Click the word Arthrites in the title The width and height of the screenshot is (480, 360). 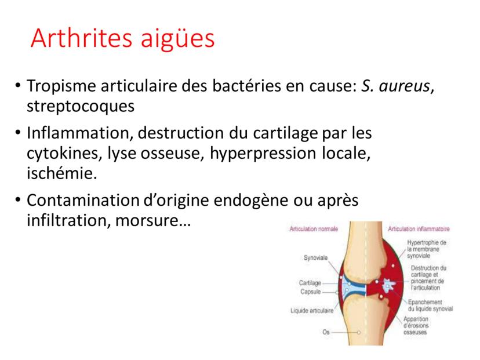coord(81,38)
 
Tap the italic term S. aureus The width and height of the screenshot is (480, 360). coord(395,86)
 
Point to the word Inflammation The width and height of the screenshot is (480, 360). coord(79,133)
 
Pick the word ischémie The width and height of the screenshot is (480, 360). coord(61,173)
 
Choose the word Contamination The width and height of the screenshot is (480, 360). coord(83,201)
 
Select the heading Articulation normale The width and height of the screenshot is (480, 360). coord(314,229)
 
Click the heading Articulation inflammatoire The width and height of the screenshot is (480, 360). coord(419,229)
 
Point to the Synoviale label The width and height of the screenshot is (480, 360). coord(315,258)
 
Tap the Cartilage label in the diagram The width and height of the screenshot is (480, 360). coord(310,283)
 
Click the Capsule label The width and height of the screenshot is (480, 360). coord(310,292)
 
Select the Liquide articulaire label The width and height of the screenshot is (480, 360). coord(312,311)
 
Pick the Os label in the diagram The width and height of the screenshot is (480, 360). coord(326,332)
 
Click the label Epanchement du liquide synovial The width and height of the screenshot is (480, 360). coord(430,306)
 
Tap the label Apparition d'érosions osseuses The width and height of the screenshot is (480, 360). coord(416,325)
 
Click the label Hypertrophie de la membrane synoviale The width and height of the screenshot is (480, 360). coord(427,249)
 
